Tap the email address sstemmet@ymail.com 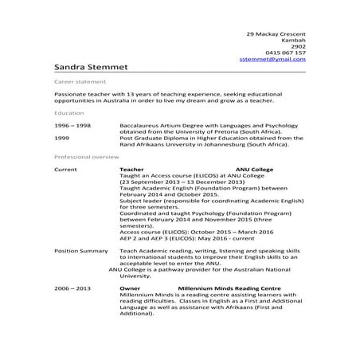(272, 60)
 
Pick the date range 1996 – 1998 (72, 126)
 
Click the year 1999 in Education (62, 138)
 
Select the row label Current (65, 170)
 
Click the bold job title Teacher (131, 170)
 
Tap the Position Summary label (80, 251)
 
